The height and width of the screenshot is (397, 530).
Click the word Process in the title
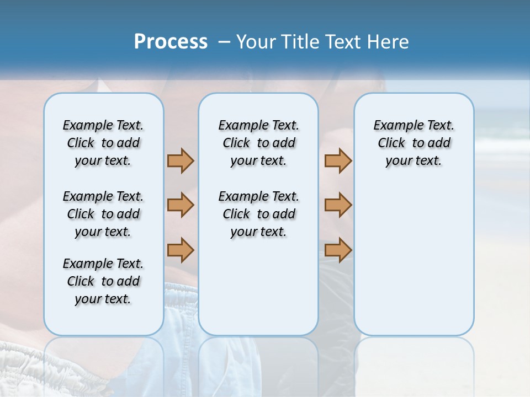[171, 42]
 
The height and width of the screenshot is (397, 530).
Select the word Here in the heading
[389, 42]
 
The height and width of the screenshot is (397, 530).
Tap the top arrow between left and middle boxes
[181, 160]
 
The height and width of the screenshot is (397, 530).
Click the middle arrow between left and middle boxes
[181, 205]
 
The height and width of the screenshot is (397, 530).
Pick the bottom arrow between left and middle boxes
[181, 250]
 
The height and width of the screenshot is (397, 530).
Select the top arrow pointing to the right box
[338, 160]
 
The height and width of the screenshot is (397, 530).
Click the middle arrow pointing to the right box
[338, 205]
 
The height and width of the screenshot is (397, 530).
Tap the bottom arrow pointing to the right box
[338, 250]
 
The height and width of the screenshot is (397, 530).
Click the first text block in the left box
[103, 143]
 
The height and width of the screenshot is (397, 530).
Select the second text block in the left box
[103, 214]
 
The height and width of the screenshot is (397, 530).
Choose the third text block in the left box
[103, 281]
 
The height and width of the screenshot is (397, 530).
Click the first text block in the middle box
[258, 143]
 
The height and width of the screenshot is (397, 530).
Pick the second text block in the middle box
[258, 214]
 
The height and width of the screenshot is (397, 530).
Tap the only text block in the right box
[414, 143]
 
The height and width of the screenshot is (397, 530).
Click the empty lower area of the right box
[414, 259]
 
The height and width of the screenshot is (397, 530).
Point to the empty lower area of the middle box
[258, 287]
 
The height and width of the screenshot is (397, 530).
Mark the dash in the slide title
[224, 42]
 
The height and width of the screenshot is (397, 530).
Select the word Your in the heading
[257, 42]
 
